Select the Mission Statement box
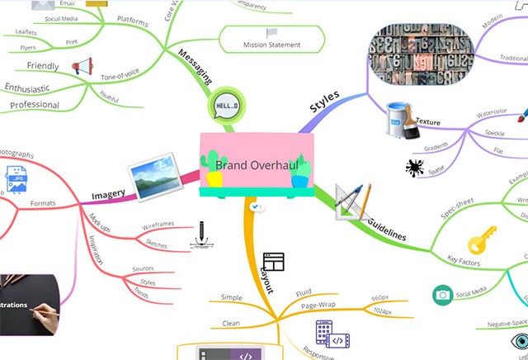271,44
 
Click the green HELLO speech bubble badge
225,107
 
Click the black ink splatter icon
414,168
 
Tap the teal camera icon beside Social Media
442,295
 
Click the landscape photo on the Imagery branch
153,176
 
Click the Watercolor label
491,114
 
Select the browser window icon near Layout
273,262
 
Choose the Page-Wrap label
318,306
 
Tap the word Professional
35,105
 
